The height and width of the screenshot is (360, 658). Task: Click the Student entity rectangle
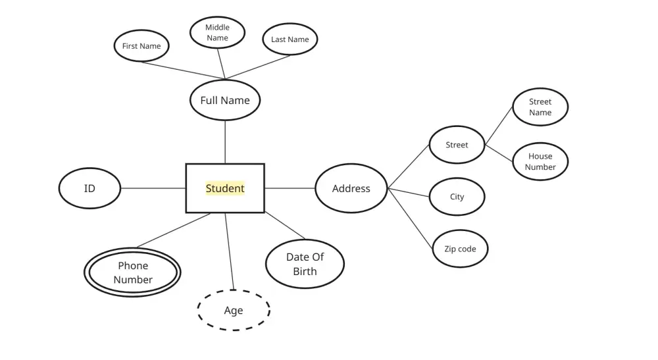tap(225, 188)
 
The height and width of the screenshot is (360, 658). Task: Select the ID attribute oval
tap(89, 189)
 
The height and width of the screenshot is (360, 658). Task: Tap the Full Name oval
tap(225, 101)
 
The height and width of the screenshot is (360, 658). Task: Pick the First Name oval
tap(141, 46)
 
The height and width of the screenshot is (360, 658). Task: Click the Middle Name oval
tap(217, 33)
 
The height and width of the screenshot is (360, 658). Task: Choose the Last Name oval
tap(290, 39)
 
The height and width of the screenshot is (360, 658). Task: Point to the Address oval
tap(351, 189)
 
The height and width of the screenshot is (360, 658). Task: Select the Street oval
tap(457, 145)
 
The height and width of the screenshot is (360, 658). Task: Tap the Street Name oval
tap(540, 107)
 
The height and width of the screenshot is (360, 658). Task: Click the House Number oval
tap(540, 162)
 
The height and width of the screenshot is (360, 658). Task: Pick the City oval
tap(457, 197)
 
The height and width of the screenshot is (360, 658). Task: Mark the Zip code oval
tap(460, 249)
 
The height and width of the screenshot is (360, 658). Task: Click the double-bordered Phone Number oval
tap(132, 272)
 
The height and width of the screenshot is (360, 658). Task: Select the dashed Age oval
tap(234, 311)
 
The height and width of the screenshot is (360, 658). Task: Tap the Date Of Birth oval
tap(305, 264)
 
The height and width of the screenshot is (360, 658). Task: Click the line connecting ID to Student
tap(153, 189)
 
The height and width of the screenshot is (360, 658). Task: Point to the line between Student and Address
tap(290, 189)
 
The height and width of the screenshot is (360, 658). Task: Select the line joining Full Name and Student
tap(225, 141)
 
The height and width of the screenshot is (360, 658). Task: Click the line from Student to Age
tap(230, 251)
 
